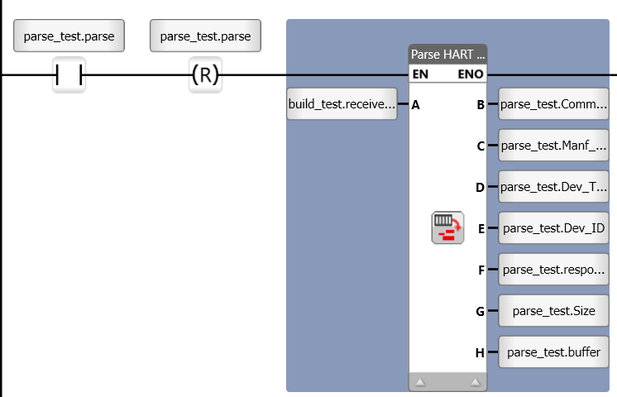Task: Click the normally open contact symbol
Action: point(69,75)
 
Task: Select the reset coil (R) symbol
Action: point(205,75)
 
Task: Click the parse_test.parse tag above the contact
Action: point(69,36)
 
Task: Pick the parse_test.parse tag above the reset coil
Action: point(205,36)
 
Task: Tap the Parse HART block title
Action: point(447,55)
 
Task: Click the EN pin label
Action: point(420,74)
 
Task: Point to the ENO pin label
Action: point(471,74)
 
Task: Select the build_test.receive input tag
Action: point(342,104)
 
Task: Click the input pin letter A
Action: point(415,105)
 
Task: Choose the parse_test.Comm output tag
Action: point(553,104)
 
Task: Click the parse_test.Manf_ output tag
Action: point(553,146)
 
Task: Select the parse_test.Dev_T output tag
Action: point(553,187)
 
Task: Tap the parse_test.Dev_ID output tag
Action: point(553,228)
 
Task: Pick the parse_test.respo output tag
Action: point(553,270)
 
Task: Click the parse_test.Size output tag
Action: point(553,311)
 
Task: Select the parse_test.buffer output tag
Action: point(553,352)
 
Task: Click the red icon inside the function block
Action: point(447,227)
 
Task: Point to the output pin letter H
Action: point(480,353)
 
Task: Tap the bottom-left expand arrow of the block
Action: point(420,382)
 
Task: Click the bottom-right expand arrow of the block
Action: point(475,382)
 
